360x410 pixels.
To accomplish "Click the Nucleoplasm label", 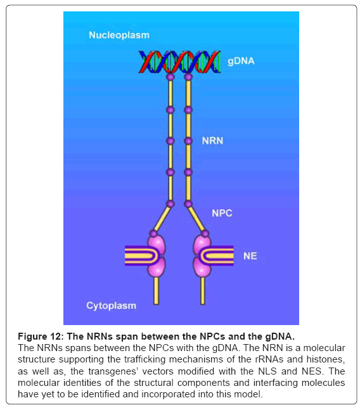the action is tap(119, 35).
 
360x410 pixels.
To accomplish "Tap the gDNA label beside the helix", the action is tap(241, 61).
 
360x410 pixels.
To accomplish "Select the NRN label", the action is tap(212, 141).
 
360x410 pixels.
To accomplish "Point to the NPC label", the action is tap(222, 213).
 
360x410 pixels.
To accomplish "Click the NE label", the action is tap(250, 256).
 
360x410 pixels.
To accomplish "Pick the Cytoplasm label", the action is tap(111, 305).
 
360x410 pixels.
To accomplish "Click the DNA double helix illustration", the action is tap(179, 61).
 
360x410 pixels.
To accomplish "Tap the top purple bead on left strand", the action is tap(170, 77).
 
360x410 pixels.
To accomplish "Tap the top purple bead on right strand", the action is tap(188, 77).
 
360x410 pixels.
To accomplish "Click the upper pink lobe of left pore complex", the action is tap(157, 245).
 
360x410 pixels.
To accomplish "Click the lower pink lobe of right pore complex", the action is tap(202, 267).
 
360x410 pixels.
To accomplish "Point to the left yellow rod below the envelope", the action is tap(157, 291).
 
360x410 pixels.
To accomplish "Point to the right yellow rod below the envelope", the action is tap(202, 291).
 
